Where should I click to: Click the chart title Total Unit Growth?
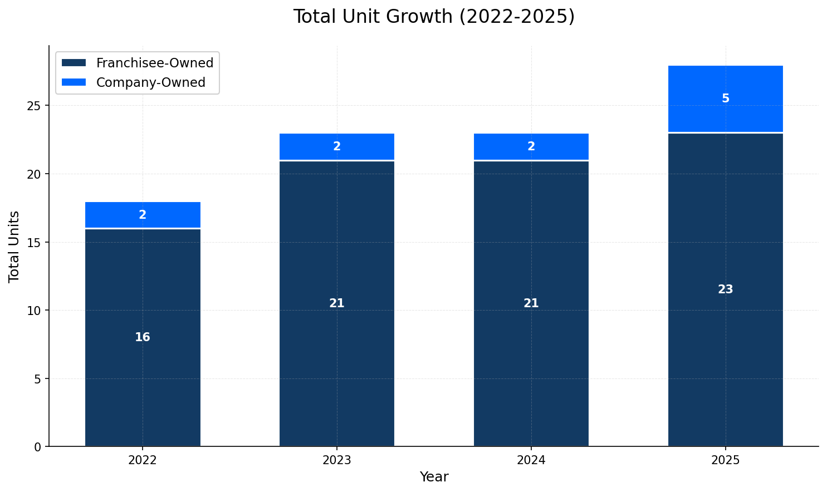pyautogui.click(x=434, y=17)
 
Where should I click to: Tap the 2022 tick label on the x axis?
pyautogui.click(x=143, y=460)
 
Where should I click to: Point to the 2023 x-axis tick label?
pyautogui.click(x=337, y=460)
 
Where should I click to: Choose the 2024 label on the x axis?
pyautogui.click(x=531, y=460)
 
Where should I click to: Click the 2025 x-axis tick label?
pyautogui.click(x=725, y=460)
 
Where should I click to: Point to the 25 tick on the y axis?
pyautogui.click(x=35, y=106)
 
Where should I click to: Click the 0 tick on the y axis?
pyautogui.click(x=38, y=447)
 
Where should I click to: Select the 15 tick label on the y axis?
pyautogui.click(x=35, y=243)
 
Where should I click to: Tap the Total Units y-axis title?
pyautogui.click(x=14, y=247)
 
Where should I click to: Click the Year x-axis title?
pyautogui.click(x=434, y=477)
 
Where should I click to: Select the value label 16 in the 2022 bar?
pyautogui.click(x=143, y=337)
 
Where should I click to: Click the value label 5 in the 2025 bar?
pyautogui.click(x=725, y=99)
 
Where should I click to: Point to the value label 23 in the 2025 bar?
pyautogui.click(x=725, y=289)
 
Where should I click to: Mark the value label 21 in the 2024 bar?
pyautogui.click(x=531, y=303)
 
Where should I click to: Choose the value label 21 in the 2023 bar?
pyautogui.click(x=337, y=303)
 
